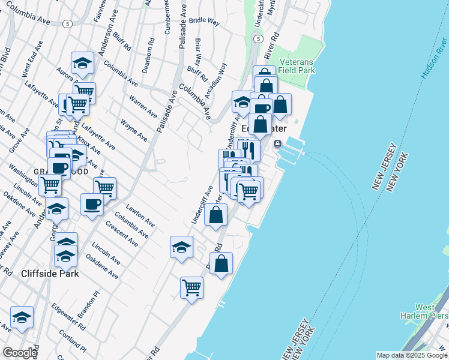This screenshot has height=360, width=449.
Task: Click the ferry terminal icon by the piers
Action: point(278,144)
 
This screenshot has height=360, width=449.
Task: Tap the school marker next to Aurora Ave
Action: point(82,63)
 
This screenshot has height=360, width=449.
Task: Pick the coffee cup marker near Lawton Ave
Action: point(92,204)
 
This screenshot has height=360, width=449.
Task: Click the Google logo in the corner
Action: point(20,352)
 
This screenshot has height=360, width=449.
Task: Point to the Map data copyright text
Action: point(412,355)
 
